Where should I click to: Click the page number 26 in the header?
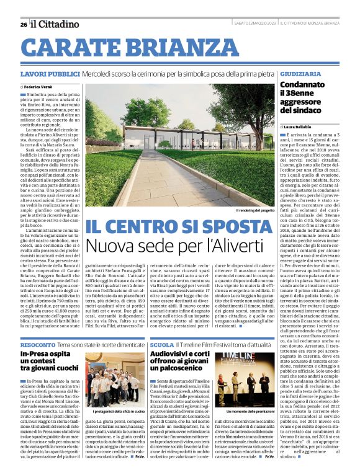point(23,24)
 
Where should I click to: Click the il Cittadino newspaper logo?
point(56,24)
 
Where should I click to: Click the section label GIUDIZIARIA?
point(300,74)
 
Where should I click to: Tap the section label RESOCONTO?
point(37,344)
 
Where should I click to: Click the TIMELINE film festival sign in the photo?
point(248,361)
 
